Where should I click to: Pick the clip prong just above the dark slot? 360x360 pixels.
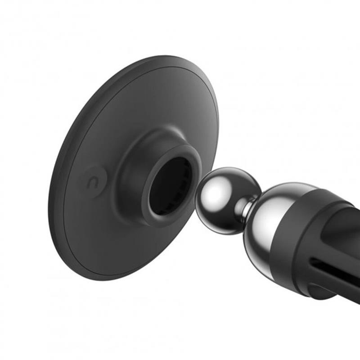[x=333, y=252]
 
